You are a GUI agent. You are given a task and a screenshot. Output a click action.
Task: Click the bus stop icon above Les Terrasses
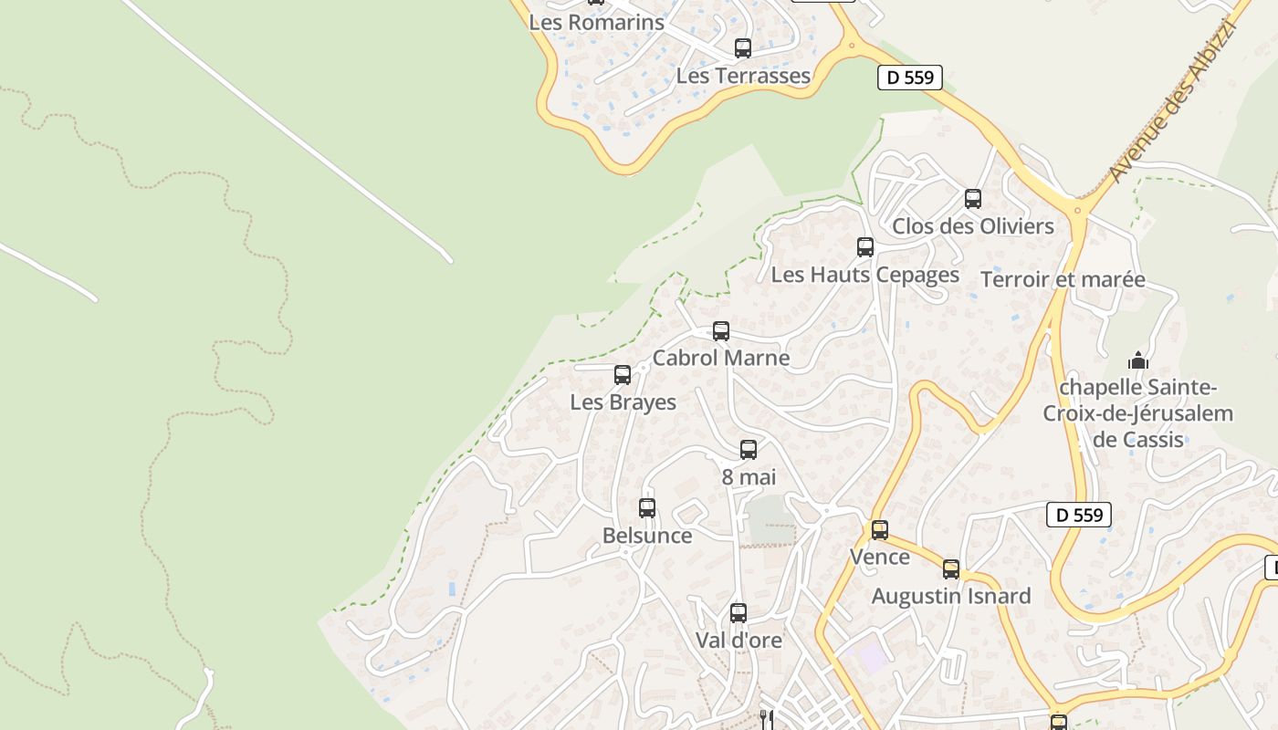point(743,48)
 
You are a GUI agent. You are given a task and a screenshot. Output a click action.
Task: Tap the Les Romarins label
point(596,22)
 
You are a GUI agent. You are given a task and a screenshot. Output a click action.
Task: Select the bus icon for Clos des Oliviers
point(973,199)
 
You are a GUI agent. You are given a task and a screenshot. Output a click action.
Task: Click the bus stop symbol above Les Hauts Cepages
point(865,247)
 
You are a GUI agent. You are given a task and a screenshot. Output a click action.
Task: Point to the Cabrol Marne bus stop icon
point(721,331)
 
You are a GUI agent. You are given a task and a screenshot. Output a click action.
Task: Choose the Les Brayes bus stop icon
point(623,375)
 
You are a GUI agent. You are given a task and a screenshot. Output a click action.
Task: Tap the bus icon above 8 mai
point(749,450)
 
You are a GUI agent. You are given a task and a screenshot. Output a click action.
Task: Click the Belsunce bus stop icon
point(647,508)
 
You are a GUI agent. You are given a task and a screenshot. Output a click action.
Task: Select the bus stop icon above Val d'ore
point(739,613)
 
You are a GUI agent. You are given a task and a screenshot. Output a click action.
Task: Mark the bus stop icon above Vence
point(880,530)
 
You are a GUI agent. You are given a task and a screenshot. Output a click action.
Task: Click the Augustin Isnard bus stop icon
point(951,569)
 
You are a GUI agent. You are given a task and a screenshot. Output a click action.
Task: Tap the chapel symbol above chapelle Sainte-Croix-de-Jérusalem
point(1137,361)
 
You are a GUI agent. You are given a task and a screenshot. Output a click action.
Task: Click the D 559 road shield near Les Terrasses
point(910,78)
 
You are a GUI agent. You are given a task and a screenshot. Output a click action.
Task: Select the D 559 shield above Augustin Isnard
point(1078,515)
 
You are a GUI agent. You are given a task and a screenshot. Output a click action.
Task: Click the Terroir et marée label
point(1063,279)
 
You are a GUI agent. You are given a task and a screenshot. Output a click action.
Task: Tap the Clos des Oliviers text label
point(973,226)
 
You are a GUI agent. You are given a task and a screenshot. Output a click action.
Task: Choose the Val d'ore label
point(739,641)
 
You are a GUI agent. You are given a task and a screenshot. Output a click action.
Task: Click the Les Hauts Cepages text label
point(865,275)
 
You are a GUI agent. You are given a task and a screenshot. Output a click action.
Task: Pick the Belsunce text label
point(647,536)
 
